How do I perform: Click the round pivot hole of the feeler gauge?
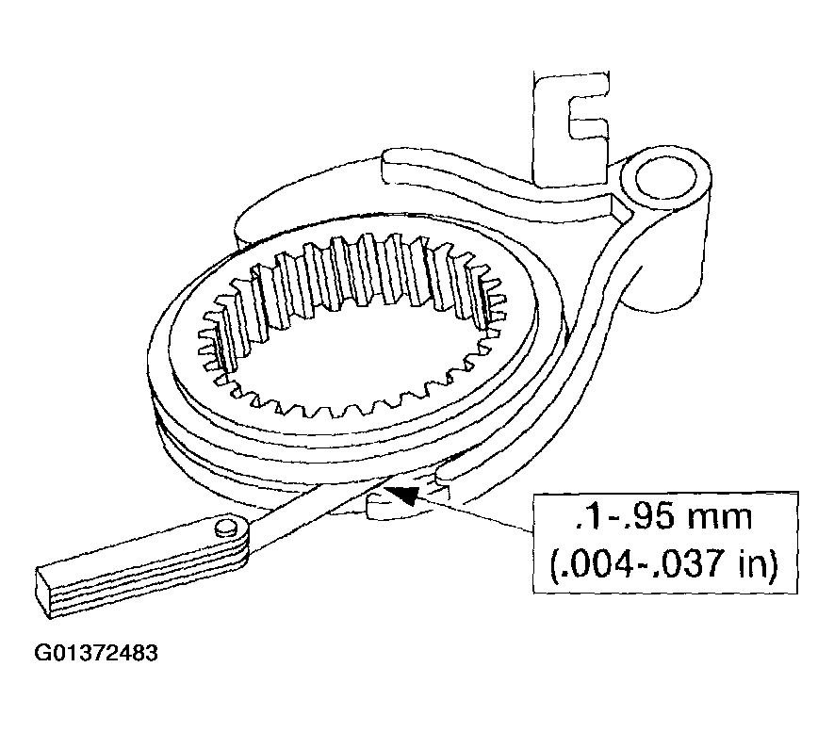click(x=226, y=528)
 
